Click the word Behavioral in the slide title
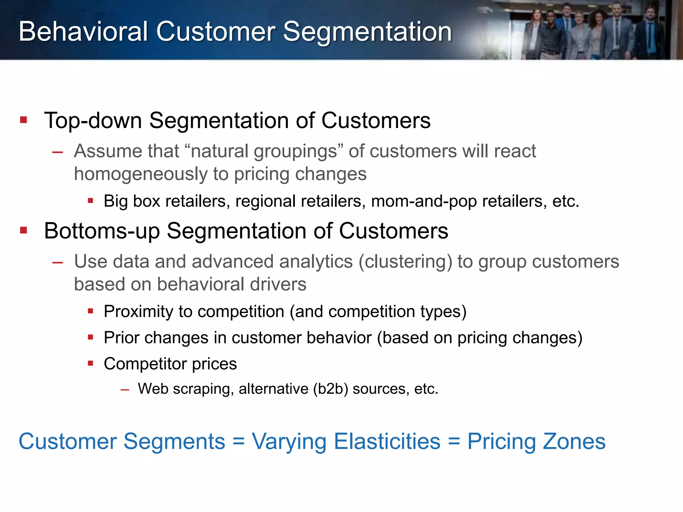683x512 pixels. pos(83,32)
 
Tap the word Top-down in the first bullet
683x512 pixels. pos(93,120)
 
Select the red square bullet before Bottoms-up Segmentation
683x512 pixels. pos(23,230)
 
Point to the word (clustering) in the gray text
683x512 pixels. pos(405,262)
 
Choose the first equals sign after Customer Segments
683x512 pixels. pos(238,442)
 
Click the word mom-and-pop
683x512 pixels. pos(424,201)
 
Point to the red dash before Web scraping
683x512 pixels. pos(125,389)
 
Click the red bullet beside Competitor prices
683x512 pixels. pos(90,363)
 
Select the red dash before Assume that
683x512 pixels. pos(58,152)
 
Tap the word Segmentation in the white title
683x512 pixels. pos(367,32)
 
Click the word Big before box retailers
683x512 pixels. pos(115,201)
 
